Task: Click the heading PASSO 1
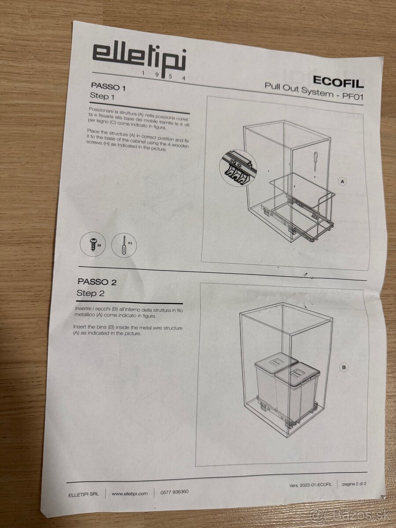click(x=108, y=87)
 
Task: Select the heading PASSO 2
click(x=97, y=282)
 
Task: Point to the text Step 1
click(x=102, y=95)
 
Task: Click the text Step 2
click(x=90, y=293)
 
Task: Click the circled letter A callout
click(x=342, y=181)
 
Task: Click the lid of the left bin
click(x=275, y=363)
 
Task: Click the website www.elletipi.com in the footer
click(x=129, y=494)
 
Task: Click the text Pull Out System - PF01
click(x=314, y=90)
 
